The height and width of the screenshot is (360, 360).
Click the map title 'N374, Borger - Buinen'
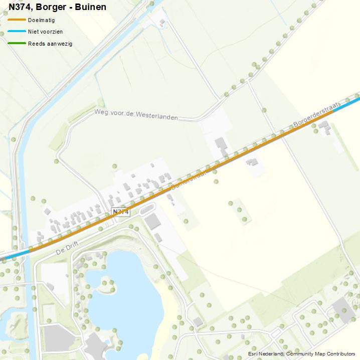pos(57,7)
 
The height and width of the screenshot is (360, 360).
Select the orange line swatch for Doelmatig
pos(17,20)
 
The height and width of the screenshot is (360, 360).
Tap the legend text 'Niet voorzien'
pos(45,32)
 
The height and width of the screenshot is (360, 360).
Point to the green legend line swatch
pos(17,44)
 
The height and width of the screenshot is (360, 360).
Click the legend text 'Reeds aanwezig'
pos(50,44)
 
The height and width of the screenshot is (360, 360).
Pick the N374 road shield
pos(120,212)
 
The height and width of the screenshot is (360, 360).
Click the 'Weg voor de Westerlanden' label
pos(136,115)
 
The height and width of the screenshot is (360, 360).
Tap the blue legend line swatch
pos(17,32)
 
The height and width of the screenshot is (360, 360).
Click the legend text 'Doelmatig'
pos(42,20)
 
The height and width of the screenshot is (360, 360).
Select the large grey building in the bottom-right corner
pos(343,310)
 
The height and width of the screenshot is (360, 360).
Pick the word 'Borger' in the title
pos(50,7)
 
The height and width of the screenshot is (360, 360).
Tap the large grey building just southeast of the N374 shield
pos(153,222)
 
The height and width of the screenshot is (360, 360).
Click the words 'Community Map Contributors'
pos(321,354)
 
